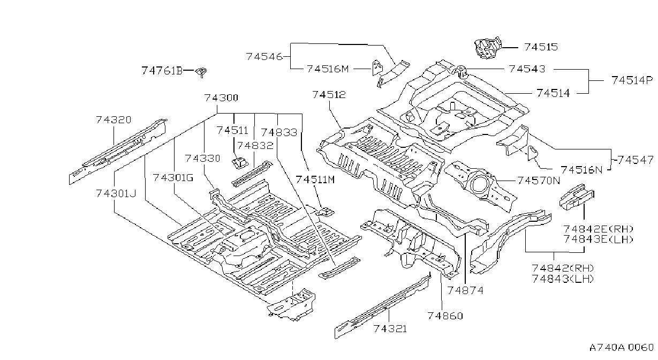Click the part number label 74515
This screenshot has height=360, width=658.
(541, 47)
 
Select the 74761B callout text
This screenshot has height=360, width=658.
(162, 71)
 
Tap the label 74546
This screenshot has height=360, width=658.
(264, 56)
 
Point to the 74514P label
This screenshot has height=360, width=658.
(632, 80)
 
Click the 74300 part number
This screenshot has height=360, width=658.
(221, 97)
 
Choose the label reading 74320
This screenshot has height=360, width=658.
(114, 119)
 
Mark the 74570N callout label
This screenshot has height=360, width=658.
(539, 181)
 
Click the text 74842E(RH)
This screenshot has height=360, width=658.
(598, 229)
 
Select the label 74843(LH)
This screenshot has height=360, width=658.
(563, 279)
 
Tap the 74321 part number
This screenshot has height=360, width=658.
(390, 328)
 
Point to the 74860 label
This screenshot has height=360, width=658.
(445, 316)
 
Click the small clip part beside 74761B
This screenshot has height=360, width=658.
(202, 71)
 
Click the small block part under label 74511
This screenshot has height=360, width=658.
(240, 163)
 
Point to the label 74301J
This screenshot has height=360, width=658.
(116, 194)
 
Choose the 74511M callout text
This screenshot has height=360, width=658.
(315, 179)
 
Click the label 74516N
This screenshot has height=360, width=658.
(581, 170)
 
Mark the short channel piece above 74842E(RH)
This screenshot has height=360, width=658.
(576, 197)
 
